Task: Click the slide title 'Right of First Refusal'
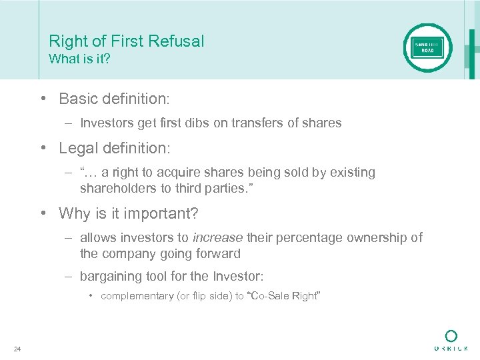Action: [127, 41]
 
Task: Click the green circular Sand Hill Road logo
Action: [427, 47]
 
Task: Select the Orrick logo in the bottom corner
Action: [451, 340]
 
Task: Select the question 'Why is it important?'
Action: [129, 213]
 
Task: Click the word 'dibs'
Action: [198, 123]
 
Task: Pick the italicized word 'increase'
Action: [217, 237]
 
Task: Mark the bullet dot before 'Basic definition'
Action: [43, 99]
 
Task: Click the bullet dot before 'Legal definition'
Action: [43, 148]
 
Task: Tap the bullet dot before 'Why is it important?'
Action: [43, 213]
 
